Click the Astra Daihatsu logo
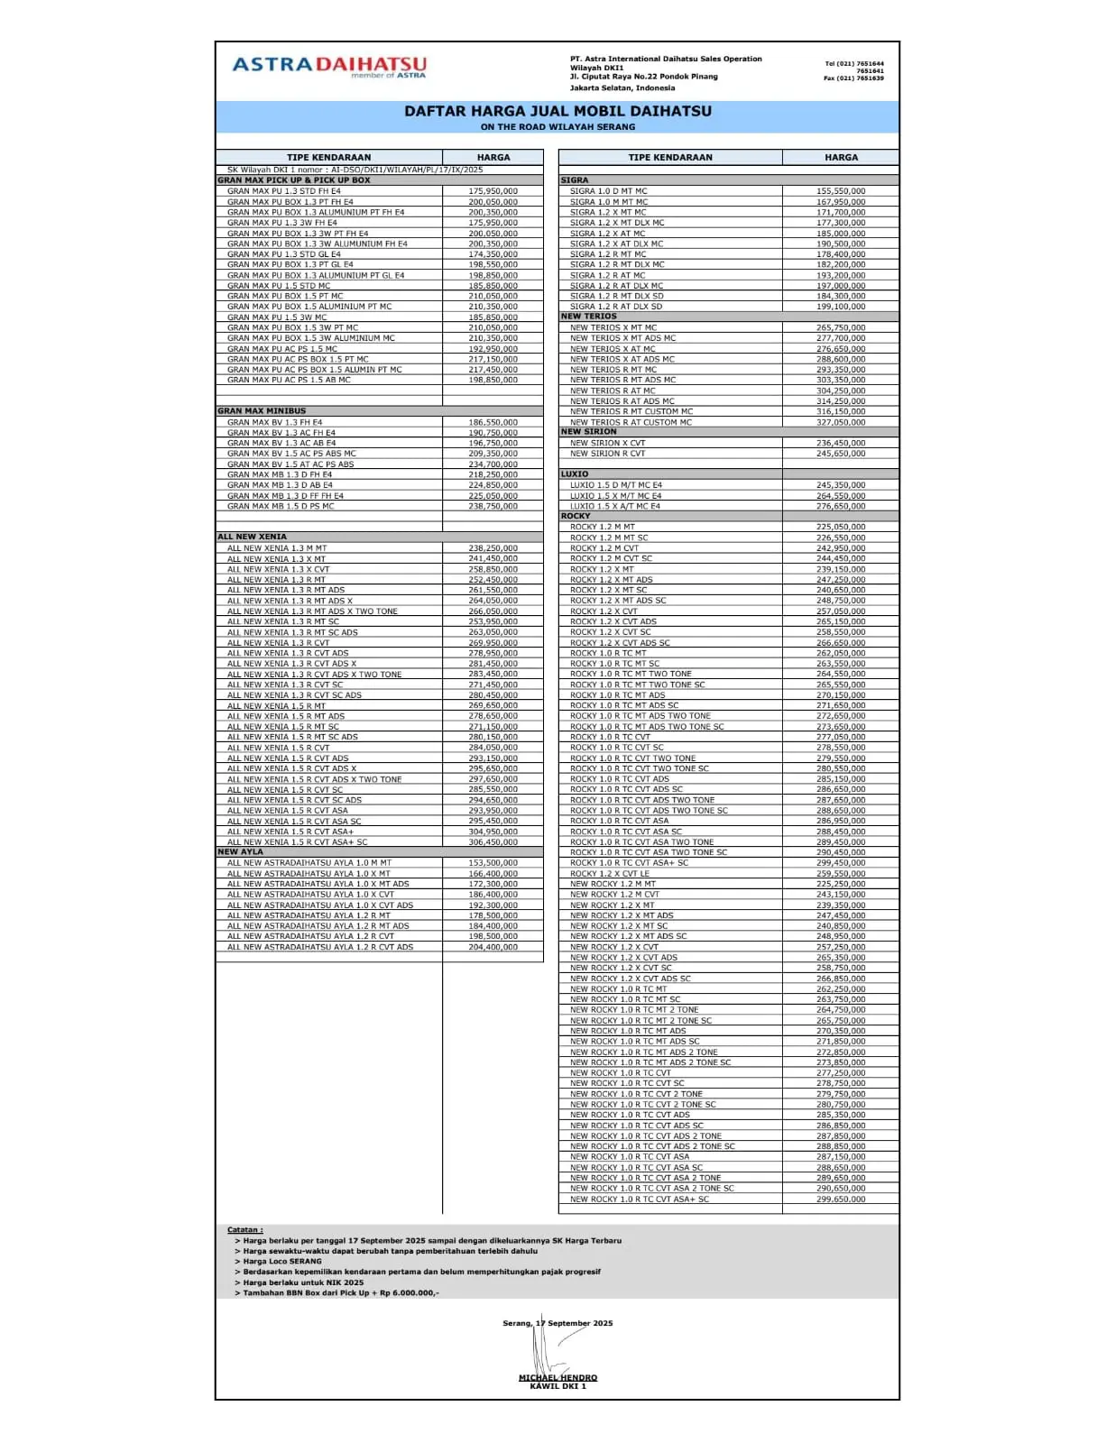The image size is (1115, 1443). pos(329,66)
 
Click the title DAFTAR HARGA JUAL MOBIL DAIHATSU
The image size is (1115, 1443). pos(557,111)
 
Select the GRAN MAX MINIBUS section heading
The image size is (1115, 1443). pos(262,411)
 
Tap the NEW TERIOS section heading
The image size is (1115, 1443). pos(589,317)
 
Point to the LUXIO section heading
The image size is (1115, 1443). pos(575,474)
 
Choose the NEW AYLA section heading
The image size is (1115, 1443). pos(240,852)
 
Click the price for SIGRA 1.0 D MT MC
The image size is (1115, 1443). pos(841,191)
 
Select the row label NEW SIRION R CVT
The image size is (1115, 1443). pos(607,454)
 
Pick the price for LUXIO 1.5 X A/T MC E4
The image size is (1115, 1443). pos(841,507)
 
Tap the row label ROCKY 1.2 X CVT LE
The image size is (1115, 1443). pos(609,874)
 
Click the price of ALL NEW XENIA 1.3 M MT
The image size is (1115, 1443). pos(493,548)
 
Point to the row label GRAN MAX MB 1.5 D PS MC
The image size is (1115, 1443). pos(281,507)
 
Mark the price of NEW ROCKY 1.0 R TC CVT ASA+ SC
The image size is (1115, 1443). pos(841,1199)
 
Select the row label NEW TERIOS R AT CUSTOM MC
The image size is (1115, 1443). pos(631,422)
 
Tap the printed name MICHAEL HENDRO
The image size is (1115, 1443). pos(557,1377)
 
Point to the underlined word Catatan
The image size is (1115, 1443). pos(244,1230)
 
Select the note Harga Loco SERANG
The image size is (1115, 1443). pos(281,1262)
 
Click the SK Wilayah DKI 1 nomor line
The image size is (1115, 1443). pos(355,170)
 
